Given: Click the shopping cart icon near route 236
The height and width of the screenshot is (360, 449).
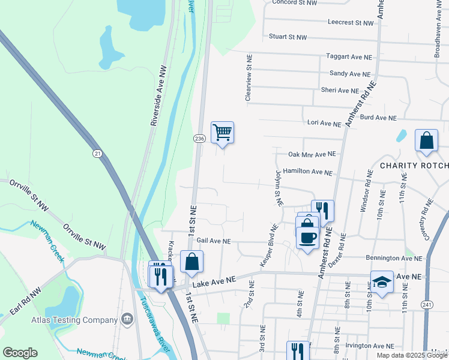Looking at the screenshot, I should click(222, 132).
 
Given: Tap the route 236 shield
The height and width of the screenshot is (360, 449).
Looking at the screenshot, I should click(199, 139).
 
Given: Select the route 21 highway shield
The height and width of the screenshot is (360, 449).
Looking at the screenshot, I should click(97, 154).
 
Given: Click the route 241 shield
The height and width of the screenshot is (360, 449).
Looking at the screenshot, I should click(427, 305).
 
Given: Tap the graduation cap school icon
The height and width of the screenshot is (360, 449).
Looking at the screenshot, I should click(382, 282).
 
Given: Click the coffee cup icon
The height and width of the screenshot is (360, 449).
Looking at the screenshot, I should click(308, 237).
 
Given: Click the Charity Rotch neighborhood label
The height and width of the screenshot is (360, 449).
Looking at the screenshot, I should click(414, 165).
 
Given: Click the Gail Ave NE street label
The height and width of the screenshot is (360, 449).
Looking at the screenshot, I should click(209, 241).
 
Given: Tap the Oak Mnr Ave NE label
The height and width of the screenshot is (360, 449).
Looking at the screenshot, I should click(310, 154).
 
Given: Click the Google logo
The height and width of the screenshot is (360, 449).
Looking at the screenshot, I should click(20, 352).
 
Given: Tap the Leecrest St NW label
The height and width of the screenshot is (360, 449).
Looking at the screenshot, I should click(351, 22).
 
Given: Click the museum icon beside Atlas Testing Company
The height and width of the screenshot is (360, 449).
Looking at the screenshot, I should click(127, 318).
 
